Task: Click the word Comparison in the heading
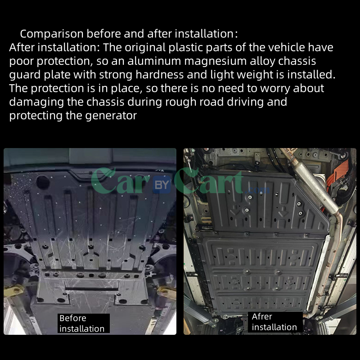pos(51,34)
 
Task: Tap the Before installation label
pos(82,324)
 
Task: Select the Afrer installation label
pos(274,322)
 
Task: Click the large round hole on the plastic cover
pos(43,182)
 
